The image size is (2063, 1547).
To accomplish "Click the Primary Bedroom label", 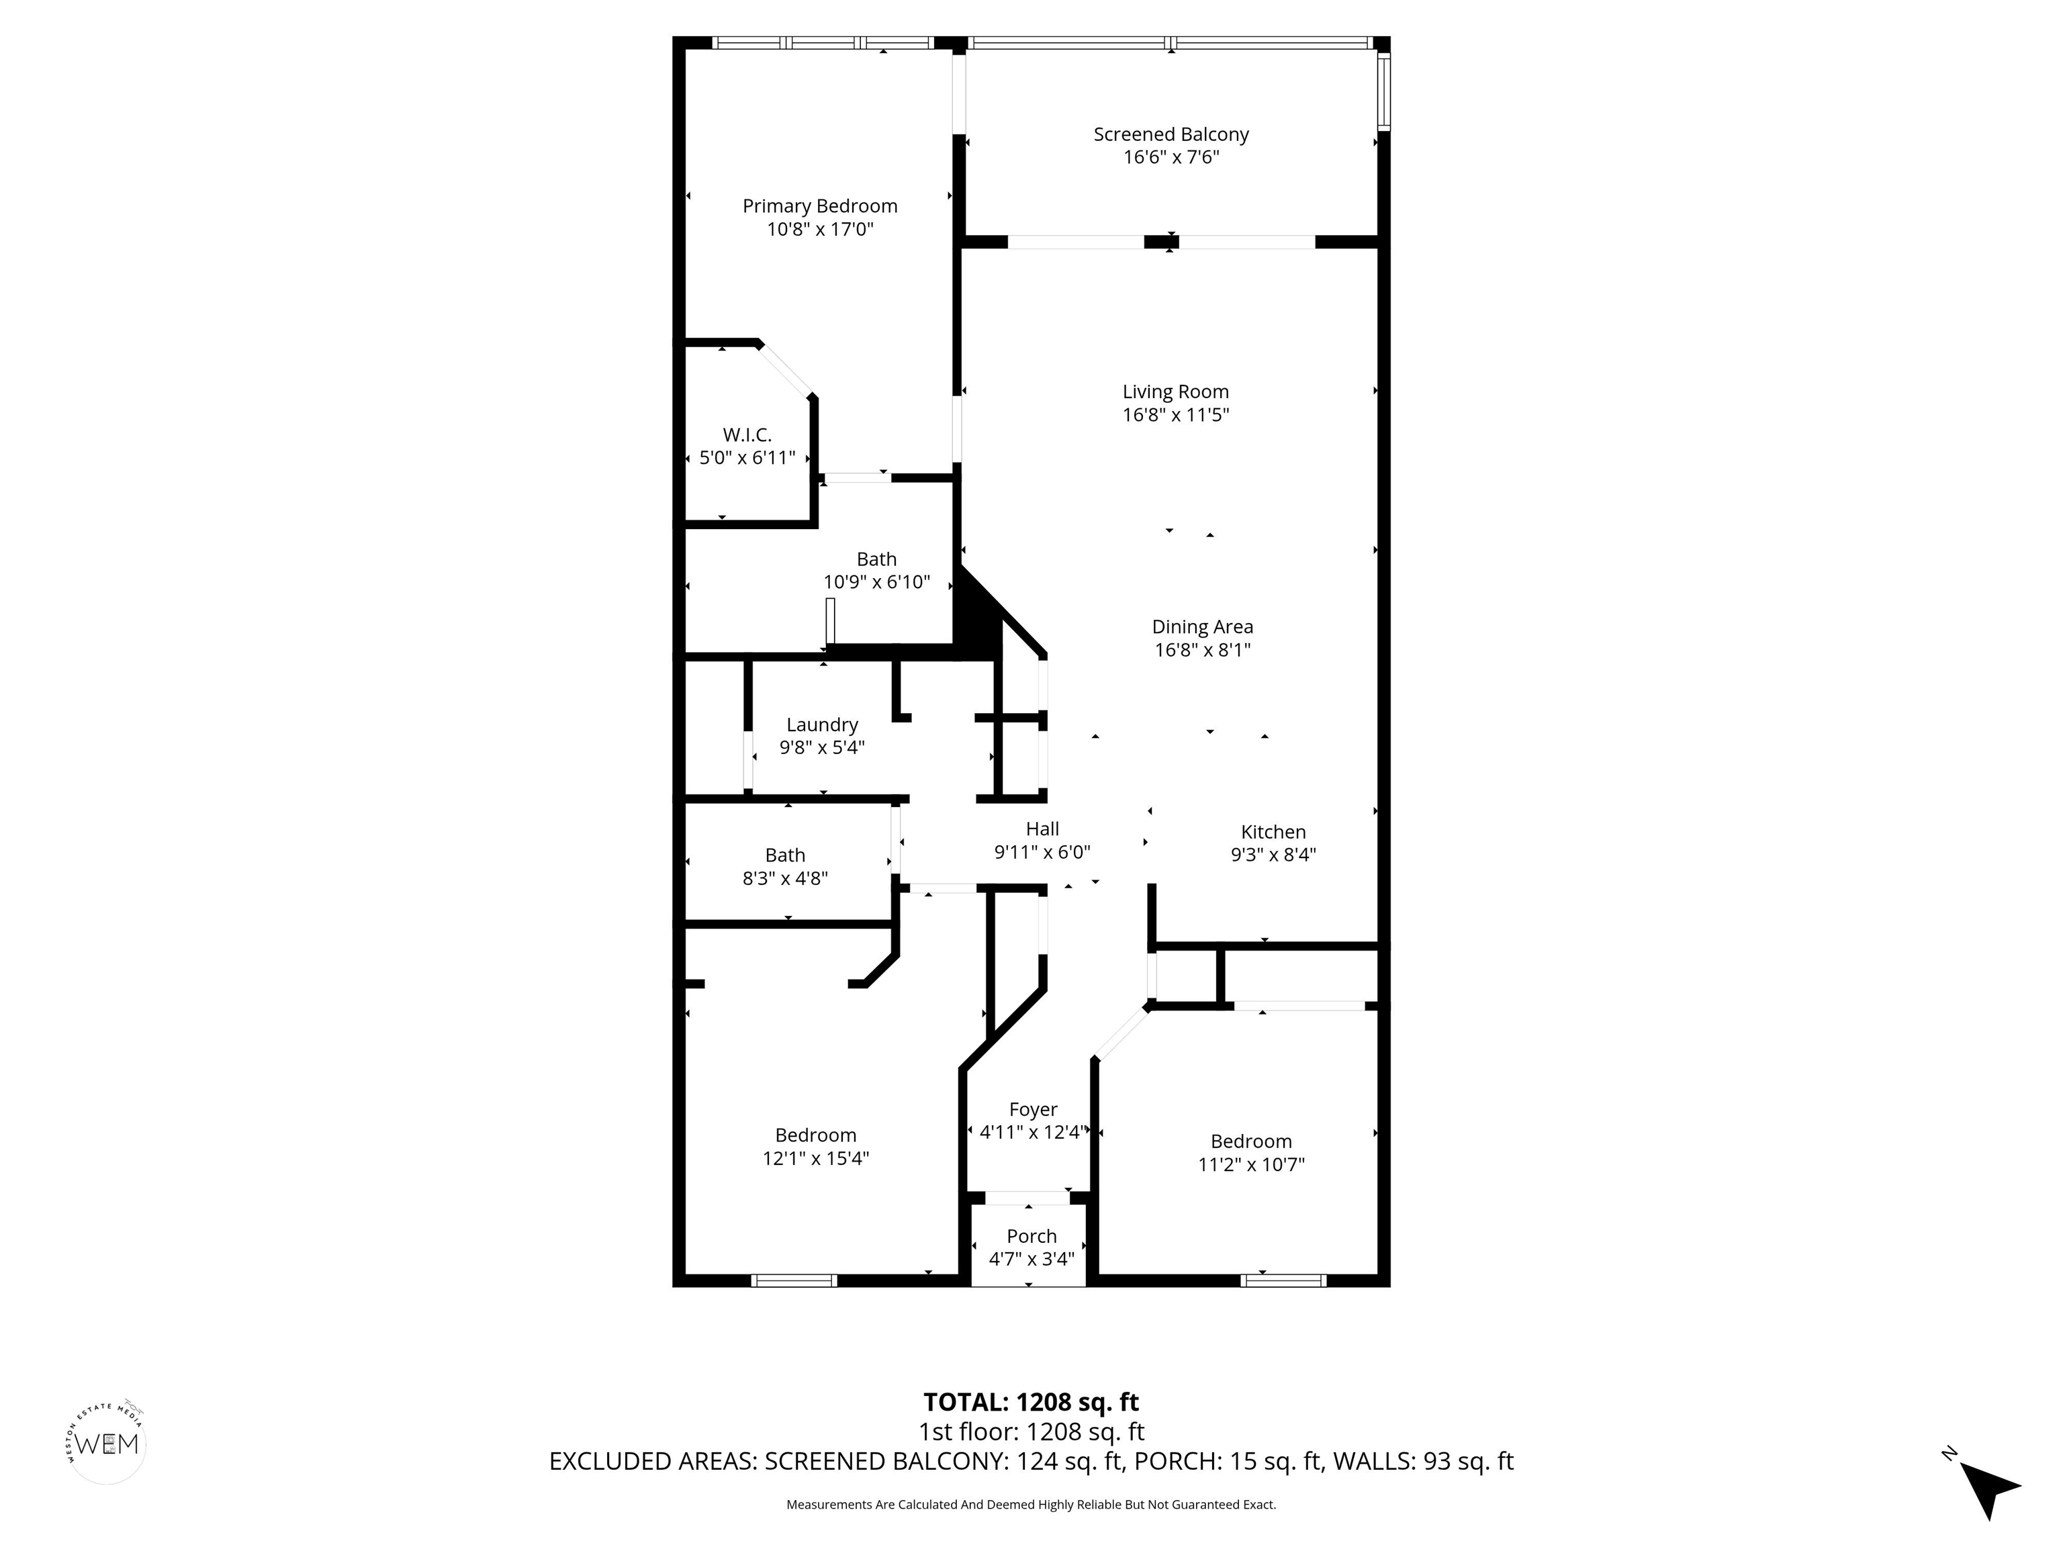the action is [x=820, y=206].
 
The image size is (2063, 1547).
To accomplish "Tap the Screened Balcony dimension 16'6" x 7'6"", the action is [x=1171, y=156].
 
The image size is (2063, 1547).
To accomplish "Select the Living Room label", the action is [x=1175, y=391].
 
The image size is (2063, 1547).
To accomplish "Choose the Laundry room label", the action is [x=822, y=724].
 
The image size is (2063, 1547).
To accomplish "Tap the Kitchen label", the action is [x=1273, y=832].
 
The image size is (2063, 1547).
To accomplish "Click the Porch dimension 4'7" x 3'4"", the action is [x=1031, y=1258].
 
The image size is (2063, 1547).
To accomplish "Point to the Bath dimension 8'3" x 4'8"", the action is [x=785, y=878].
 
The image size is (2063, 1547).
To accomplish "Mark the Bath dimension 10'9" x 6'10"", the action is [x=876, y=582].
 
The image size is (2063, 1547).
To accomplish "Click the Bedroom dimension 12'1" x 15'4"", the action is [x=816, y=1158].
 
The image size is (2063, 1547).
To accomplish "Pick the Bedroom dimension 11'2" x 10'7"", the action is [x=1252, y=1164].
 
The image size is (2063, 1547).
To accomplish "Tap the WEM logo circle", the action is [x=108, y=1444].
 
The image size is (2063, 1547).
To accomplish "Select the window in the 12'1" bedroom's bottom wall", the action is [x=794, y=1280].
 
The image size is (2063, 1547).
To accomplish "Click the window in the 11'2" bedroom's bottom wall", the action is [x=1283, y=1280].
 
